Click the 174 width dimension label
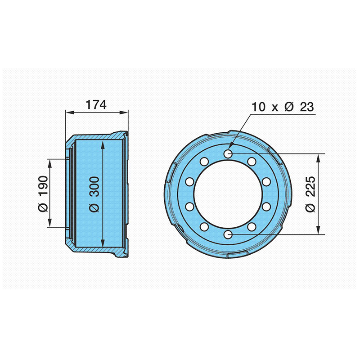point(96,105)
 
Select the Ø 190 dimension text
point(43,194)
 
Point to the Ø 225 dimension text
point(310,194)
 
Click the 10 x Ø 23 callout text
point(283,107)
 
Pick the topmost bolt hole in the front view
point(228,153)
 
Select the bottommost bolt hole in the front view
point(228,234)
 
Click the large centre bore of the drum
point(228,194)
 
